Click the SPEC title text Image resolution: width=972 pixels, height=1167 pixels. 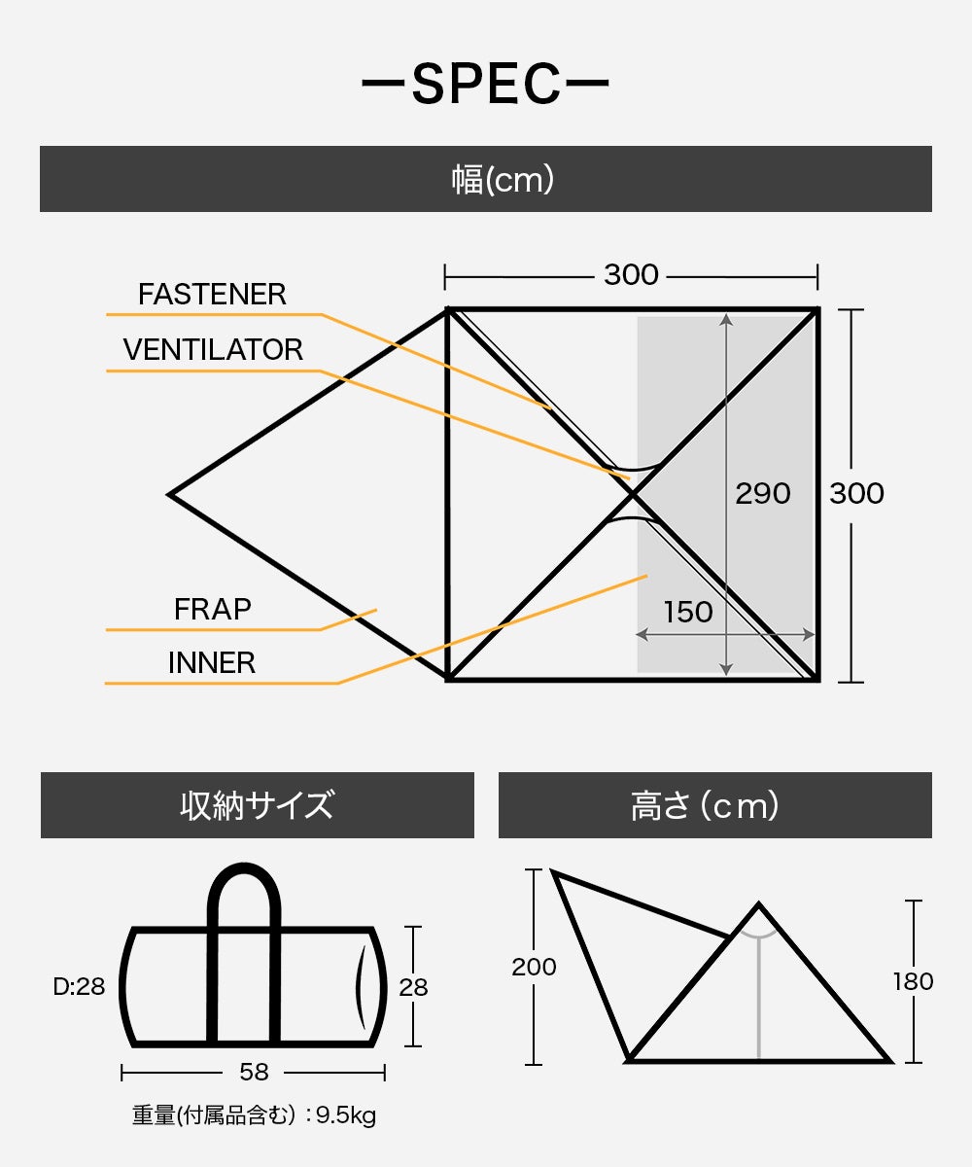click(x=485, y=84)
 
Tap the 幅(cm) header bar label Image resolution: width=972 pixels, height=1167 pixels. click(x=503, y=179)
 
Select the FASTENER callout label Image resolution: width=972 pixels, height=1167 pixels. click(x=212, y=294)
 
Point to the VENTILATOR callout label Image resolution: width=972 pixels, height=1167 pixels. click(x=213, y=350)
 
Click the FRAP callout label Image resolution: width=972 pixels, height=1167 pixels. click(x=212, y=609)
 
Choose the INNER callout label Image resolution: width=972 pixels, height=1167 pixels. click(x=212, y=663)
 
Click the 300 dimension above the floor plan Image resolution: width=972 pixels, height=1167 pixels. click(x=631, y=275)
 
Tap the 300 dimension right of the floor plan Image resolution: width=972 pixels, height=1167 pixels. click(x=856, y=493)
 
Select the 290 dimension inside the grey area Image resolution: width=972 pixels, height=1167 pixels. click(x=762, y=493)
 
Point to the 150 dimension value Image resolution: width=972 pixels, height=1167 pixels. click(x=687, y=612)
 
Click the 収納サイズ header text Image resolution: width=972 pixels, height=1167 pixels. click(x=257, y=805)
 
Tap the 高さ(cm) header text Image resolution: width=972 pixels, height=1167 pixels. click(x=705, y=805)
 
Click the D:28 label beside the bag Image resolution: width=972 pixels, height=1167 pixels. click(x=79, y=986)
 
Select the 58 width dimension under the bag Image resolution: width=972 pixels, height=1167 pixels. click(x=254, y=1072)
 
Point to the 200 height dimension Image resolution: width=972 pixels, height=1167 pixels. click(x=534, y=967)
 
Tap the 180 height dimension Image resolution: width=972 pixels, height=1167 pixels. click(x=913, y=982)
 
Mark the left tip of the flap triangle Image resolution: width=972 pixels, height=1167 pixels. click(x=169, y=494)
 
